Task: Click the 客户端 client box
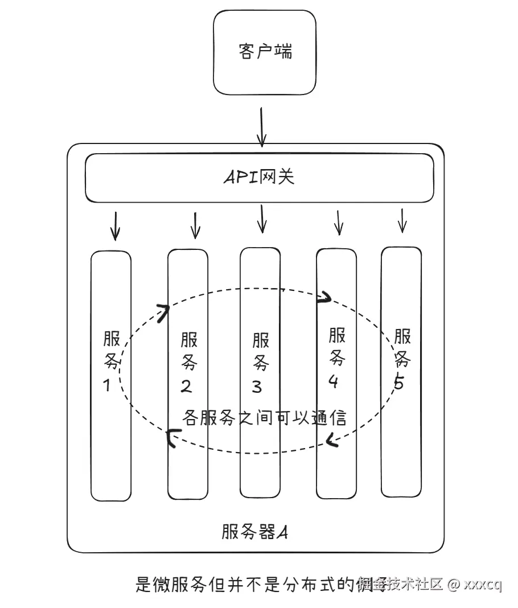click(x=264, y=52)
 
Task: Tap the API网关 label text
click(x=259, y=178)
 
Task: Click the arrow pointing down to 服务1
click(x=115, y=226)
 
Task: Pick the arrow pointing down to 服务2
click(x=195, y=225)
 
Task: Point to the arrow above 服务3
click(x=261, y=219)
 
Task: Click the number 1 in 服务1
click(x=107, y=386)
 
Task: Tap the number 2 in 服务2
click(x=186, y=387)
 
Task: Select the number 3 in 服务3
click(x=257, y=387)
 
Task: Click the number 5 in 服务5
click(x=399, y=383)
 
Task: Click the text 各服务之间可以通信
click(x=264, y=418)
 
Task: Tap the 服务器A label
click(x=254, y=532)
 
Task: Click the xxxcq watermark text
click(x=483, y=585)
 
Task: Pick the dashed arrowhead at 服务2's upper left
click(x=164, y=311)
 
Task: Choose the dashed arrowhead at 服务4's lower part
click(x=332, y=439)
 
